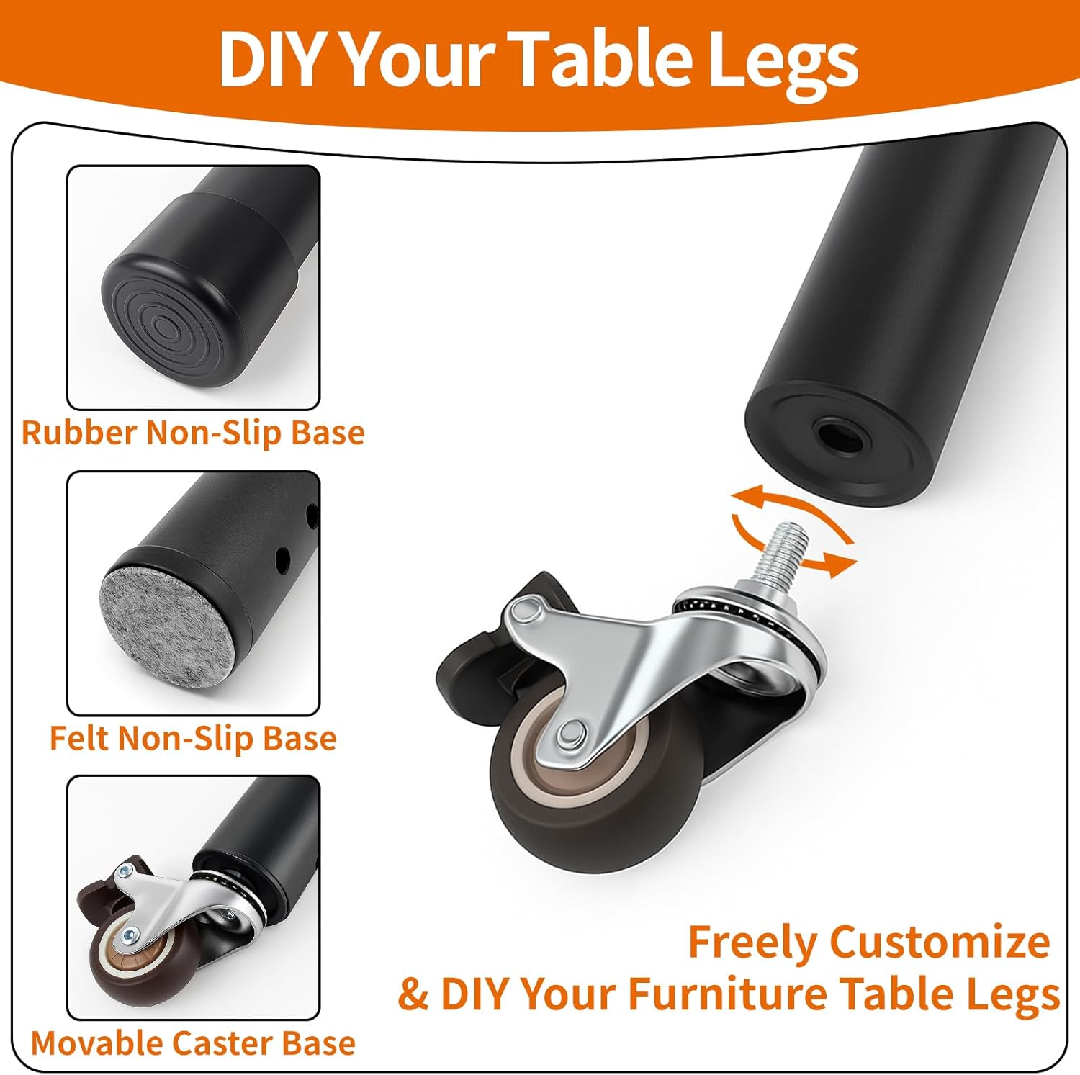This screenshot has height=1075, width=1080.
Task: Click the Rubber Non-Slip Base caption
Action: pos(193,433)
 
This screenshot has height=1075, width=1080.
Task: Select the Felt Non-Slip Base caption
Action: pos(193,739)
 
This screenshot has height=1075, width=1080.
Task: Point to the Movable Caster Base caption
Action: pos(193,1043)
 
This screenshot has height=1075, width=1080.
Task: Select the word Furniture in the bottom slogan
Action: pos(728,994)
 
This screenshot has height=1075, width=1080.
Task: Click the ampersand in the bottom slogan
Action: pos(414,994)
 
